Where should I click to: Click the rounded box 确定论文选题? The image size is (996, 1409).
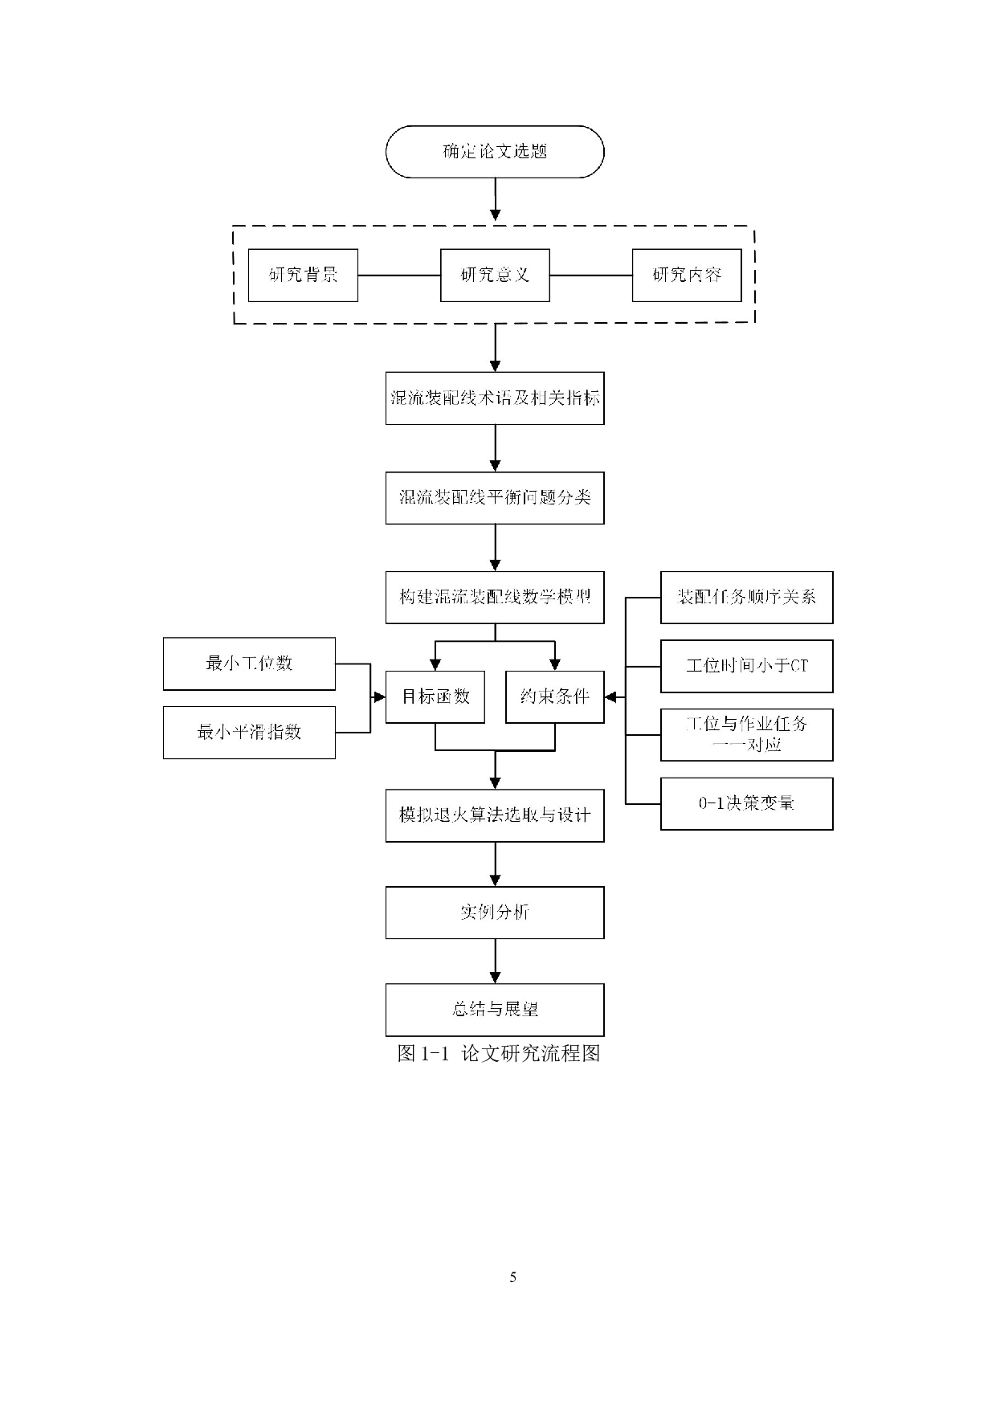point(495,152)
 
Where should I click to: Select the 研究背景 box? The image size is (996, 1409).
point(303,276)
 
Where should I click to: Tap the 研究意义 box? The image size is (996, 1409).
point(495,276)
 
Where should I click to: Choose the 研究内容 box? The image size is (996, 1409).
point(687,276)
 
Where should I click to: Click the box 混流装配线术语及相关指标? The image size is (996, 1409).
point(495,398)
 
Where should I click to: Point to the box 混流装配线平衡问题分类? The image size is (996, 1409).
point(495,498)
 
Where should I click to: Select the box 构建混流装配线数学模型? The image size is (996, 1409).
point(495,598)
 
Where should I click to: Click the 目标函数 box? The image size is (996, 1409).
point(435,696)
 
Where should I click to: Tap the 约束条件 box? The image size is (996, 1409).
point(554,696)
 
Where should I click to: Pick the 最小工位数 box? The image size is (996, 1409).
point(249,664)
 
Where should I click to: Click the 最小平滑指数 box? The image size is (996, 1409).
point(249,733)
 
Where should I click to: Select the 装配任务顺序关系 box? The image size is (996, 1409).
point(746,598)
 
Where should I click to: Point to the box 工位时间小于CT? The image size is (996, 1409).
point(746,666)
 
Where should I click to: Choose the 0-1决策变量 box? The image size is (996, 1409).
point(746,803)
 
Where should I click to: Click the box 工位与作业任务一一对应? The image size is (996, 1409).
point(746,735)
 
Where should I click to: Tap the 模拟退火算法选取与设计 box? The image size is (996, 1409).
point(495,816)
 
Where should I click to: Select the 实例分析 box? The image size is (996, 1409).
point(495,913)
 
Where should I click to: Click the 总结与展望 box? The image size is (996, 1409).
point(495,1010)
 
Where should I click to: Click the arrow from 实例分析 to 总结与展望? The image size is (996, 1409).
point(495,961)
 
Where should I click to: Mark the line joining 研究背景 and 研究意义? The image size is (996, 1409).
point(399,276)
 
